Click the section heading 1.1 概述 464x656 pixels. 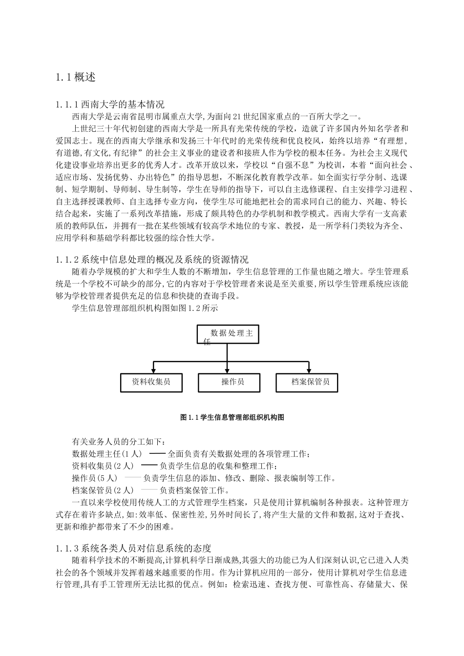point(76,77)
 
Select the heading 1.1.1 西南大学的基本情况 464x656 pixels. point(110,104)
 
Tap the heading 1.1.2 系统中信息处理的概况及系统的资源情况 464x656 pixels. point(152,259)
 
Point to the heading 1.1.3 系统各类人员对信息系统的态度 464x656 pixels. point(133,548)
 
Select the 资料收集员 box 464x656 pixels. point(151,382)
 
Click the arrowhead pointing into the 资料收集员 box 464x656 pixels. point(154,371)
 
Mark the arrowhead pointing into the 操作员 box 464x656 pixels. point(227,371)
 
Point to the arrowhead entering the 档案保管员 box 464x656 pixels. point(309,371)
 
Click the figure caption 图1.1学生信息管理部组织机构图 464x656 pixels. point(232,417)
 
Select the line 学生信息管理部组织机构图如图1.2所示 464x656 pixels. point(145,308)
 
